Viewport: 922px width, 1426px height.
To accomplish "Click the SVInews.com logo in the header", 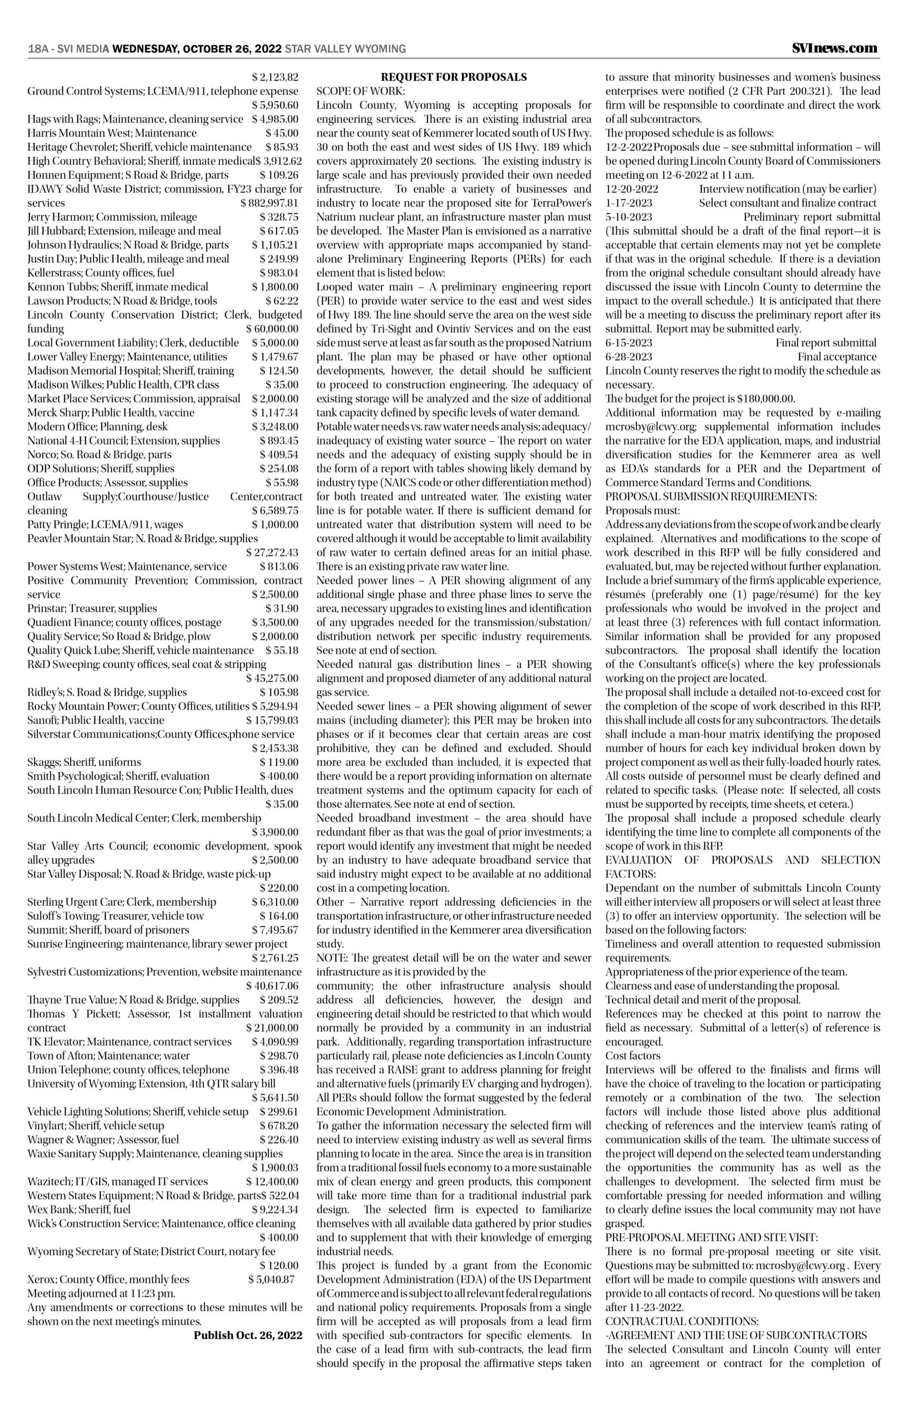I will point(835,48).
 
